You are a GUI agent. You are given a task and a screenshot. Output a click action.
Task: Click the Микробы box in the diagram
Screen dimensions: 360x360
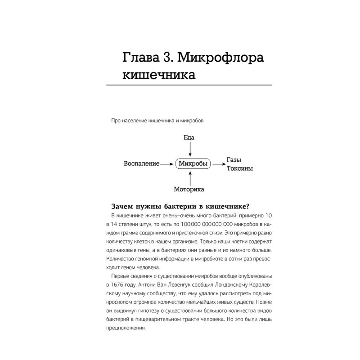[x=192, y=164]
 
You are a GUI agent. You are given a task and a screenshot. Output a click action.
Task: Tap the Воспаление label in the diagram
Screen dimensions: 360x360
[x=141, y=164]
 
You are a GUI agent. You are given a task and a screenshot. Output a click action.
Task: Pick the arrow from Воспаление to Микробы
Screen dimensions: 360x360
[x=167, y=164]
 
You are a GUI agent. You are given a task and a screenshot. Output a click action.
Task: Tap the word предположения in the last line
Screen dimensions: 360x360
[x=125, y=329]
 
